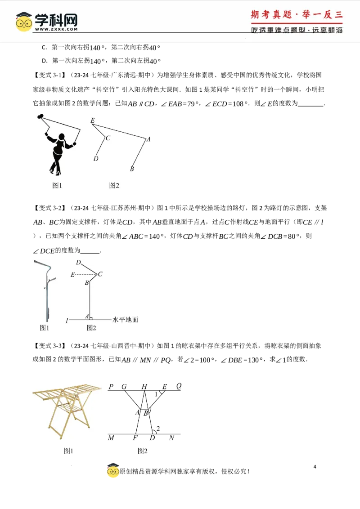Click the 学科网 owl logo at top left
pos(24,22)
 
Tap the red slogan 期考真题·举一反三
pos(297,14)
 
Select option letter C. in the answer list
pos(45,47)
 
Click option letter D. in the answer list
pos(45,61)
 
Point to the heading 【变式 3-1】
pos(49,75)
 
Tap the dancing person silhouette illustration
pos(58,144)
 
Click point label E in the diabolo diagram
pos(93,120)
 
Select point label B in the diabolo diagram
pos(131,169)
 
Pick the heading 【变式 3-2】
pos(49,208)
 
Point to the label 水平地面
pos(126,320)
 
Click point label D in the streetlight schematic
pos(78,262)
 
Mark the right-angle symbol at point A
pos(91,318)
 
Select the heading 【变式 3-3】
pos(49,346)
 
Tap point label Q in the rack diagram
pos(179,386)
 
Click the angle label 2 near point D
pos(158,429)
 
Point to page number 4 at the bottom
pos(315,467)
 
